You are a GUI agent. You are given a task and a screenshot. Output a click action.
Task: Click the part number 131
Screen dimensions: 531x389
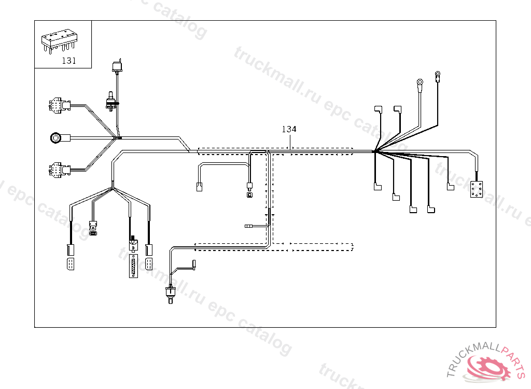[69, 61]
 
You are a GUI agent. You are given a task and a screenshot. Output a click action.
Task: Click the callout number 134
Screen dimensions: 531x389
[289, 129]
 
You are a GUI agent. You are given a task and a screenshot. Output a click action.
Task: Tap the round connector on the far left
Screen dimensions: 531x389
[56, 138]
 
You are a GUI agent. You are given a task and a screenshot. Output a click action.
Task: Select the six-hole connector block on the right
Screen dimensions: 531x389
[476, 189]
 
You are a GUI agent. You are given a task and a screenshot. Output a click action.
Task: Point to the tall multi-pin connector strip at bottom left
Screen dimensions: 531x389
[134, 266]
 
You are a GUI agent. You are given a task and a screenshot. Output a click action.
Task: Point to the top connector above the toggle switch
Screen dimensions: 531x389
[117, 66]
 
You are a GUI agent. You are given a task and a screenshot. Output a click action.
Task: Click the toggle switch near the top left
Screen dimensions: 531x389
[111, 101]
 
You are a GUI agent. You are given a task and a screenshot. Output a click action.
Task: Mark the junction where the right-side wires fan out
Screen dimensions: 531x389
[374, 151]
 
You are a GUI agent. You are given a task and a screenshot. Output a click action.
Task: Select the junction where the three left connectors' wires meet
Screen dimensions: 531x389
[119, 138]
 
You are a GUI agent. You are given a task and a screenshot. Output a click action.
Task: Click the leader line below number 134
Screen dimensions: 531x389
[290, 141]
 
